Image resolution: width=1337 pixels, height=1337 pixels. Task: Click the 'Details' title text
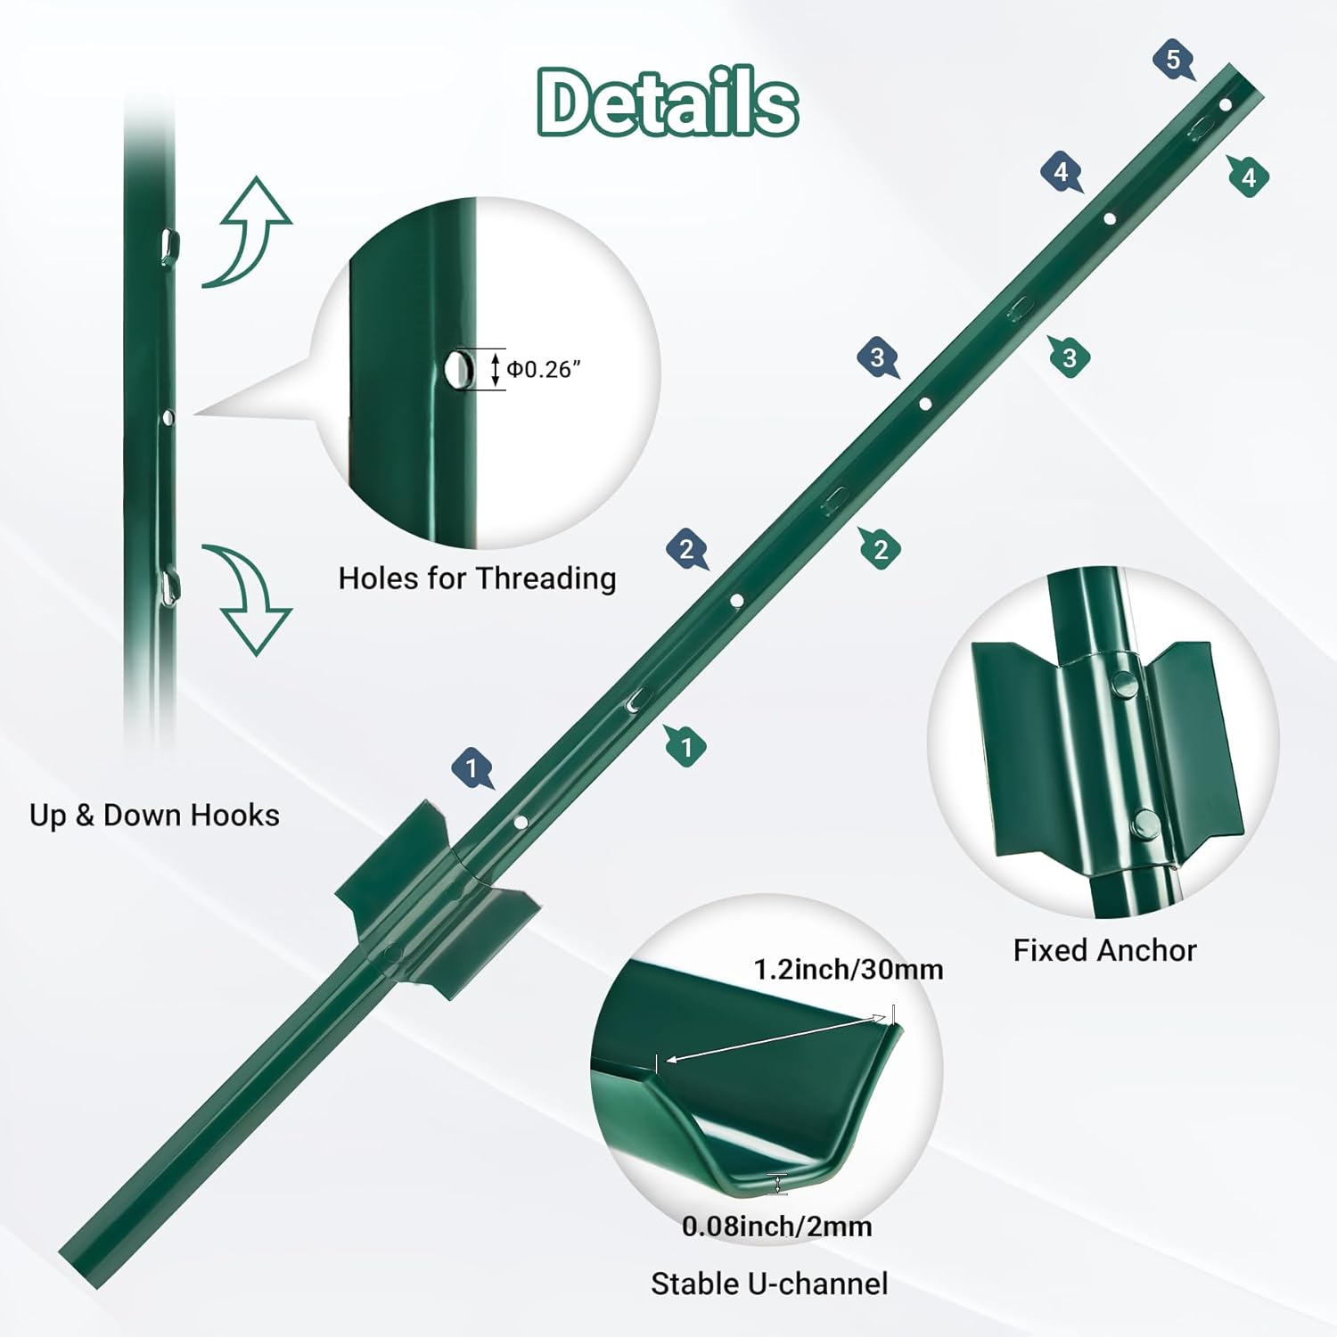pos(668,103)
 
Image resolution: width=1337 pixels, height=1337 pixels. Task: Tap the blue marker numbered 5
pos(1173,61)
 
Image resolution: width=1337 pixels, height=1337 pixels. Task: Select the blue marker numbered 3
pos(878,357)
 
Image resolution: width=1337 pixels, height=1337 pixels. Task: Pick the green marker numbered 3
pos(1070,357)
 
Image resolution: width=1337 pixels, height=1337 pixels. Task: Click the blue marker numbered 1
pos(472,767)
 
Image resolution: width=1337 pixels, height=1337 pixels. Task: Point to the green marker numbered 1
pos(685,746)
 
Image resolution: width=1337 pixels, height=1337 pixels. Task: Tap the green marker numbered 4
pos(1248,176)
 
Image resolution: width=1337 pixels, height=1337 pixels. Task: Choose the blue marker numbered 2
pos(686,549)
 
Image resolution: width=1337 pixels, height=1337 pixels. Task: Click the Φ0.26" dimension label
pos(544,369)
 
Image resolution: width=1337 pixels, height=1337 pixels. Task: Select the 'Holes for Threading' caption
pos(477,578)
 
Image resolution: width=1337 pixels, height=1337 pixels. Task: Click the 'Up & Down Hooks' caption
pos(154,815)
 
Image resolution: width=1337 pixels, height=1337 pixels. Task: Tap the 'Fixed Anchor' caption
pos(1104,950)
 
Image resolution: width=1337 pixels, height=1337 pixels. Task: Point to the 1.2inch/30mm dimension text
pos(848,969)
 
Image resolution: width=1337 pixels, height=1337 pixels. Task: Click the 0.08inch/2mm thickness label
pos(776,1226)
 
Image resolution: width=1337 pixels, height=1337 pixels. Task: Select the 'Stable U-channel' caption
pos(769,1284)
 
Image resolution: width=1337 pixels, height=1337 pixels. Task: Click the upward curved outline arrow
pos(248,232)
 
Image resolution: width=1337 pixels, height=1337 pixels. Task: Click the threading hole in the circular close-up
pos(458,367)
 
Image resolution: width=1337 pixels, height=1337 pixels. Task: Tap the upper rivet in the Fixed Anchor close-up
pos(1122,684)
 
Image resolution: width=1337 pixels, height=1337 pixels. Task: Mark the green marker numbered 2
pos(880,549)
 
